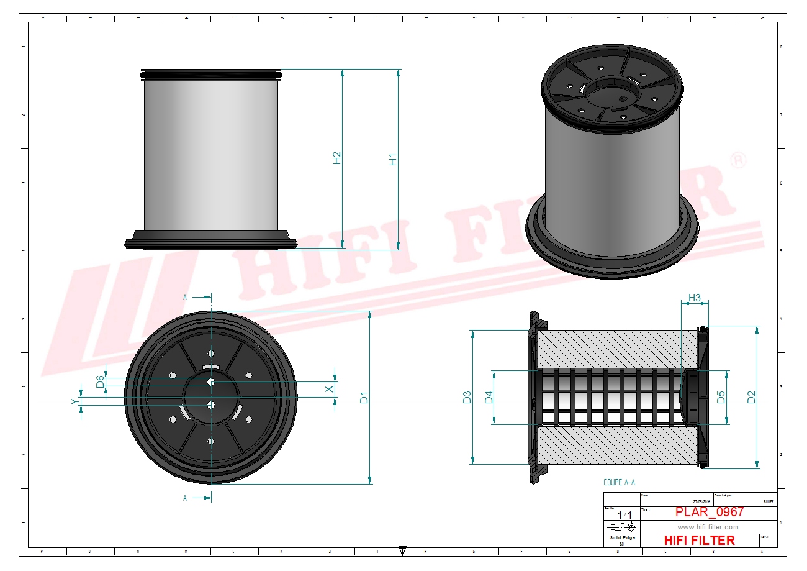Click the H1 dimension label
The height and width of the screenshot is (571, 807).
pos(392,159)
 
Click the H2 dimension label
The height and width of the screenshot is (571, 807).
pos(336,158)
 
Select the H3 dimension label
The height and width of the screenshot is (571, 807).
pos(695,298)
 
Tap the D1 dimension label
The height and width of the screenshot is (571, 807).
pos(364,397)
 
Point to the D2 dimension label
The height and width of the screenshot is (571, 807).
pos(751,397)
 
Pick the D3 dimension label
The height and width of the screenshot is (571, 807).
pos(467,397)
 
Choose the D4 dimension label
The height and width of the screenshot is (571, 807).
pos(489,397)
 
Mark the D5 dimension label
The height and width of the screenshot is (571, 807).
pos(721,397)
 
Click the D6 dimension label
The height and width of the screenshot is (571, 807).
pos(100,381)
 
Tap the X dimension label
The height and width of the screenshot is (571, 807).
pos(330,389)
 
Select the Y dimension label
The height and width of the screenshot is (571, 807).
pos(74,402)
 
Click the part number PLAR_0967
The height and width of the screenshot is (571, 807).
pos(709,513)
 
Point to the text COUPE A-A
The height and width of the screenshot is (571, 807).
pos(619,482)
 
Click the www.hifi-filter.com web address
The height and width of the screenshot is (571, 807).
pos(708,527)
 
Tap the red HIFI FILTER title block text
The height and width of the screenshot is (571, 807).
pos(699,541)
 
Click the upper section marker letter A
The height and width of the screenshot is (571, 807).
pos(185,298)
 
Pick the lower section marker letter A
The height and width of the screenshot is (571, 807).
pos(185,498)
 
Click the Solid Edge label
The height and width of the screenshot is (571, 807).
pos(621,538)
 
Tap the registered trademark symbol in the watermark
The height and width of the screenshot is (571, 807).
pos(738,160)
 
